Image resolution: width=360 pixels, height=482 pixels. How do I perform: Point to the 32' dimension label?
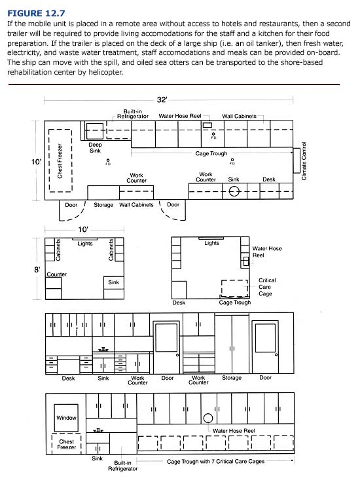click(162, 100)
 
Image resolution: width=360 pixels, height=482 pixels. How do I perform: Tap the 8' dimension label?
click(38, 269)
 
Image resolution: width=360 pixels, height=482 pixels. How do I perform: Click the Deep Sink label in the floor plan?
click(95, 147)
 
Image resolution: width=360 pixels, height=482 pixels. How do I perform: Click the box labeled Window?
click(67, 417)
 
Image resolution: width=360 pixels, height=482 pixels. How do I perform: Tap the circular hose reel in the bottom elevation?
click(208, 418)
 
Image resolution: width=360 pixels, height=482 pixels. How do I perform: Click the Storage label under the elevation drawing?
click(232, 378)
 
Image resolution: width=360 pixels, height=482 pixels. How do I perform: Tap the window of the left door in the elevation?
click(167, 337)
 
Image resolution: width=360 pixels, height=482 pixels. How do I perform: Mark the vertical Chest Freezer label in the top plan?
click(60, 161)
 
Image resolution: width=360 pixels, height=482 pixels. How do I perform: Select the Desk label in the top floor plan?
click(269, 179)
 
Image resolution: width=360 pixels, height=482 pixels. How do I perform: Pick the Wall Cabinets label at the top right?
click(240, 116)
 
